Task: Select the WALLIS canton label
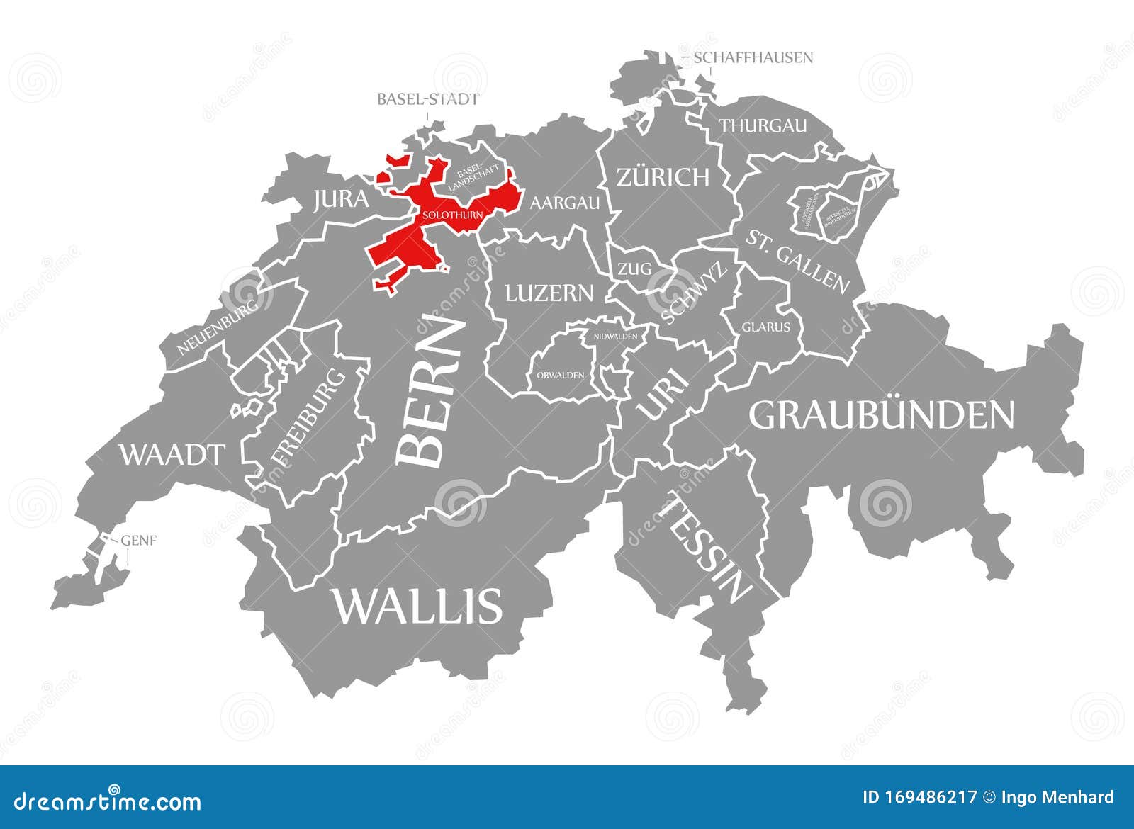[417, 606]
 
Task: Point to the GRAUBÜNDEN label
[882, 415]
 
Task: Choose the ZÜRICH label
[663, 176]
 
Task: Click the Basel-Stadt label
[427, 98]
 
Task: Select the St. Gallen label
[797, 261]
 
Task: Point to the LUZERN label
[549, 292]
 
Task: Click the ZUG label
[634, 269]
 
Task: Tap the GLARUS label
[766, 327]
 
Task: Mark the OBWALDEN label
[560, 375]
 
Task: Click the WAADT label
[172, 454]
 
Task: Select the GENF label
[139, 541]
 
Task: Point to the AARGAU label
[565, 203]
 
